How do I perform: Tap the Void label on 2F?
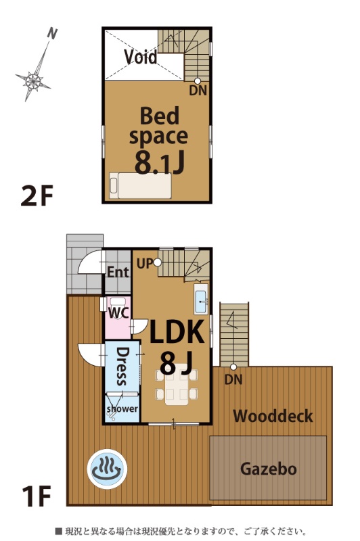[141, 57]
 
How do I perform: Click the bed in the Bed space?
[141, 185]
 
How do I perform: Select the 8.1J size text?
[159, 163]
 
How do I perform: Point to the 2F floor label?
[37, 195]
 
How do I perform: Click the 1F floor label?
[37, 496]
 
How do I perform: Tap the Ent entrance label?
[118, 272]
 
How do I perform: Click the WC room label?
[118, 312]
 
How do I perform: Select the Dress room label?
[122, 367]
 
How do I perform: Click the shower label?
[122, 409]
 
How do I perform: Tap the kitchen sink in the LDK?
[201, 300]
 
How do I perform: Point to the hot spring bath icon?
[107, 469]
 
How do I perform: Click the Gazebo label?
[268, 469]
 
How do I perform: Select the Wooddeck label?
[273, 416]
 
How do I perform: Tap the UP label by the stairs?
[145, 264]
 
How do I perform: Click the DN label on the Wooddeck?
[233, 379]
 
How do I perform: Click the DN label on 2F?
[198, 91]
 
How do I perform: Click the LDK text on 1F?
[177, 332]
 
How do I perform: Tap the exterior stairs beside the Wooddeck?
[234, 335]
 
